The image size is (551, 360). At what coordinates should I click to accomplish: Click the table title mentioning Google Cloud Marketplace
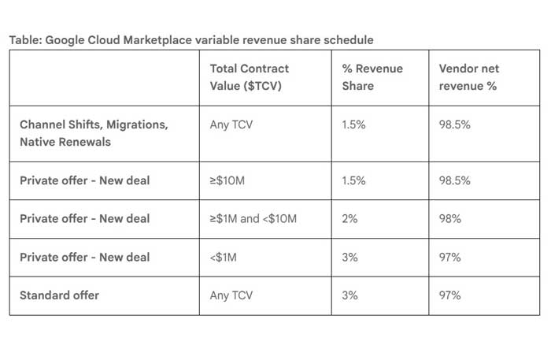[192, 40]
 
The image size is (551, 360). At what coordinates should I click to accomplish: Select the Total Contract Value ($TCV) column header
[250, 77]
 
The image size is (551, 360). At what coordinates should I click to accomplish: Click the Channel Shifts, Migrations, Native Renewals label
[94, 133]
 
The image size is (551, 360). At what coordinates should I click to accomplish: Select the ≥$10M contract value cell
[229, 180]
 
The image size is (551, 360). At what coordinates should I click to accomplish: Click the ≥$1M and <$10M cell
[253, 218]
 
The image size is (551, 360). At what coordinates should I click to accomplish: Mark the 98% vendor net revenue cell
[450, 218]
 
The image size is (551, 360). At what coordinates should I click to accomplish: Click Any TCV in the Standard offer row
[232, 295]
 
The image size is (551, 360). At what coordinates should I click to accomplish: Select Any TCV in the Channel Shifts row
[232, 124]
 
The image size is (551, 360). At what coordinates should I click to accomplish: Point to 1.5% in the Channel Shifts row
[355, 124]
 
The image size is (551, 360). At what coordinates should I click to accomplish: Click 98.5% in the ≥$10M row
[455, 180]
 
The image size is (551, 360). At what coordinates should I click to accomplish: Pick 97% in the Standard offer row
[450, 295]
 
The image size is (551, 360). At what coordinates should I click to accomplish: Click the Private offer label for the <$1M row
[84, 257]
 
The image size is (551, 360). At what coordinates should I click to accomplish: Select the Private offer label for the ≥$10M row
[84, 180]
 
